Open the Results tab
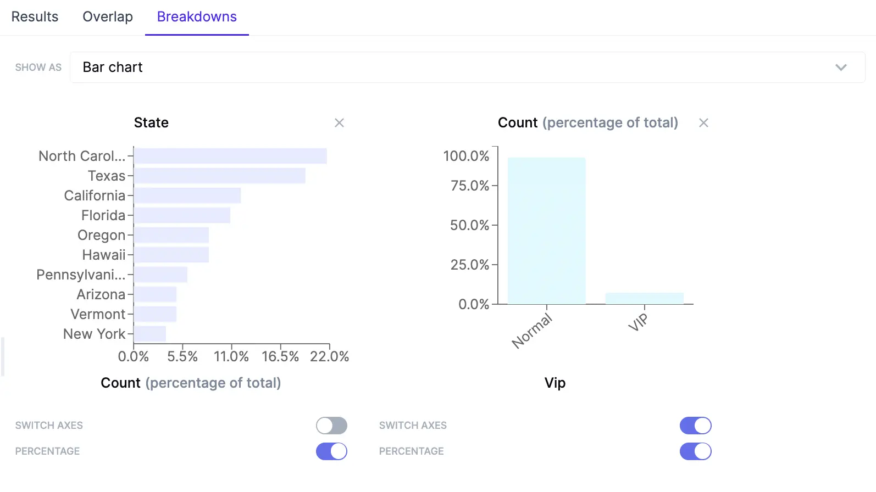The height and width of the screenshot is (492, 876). (35, 17)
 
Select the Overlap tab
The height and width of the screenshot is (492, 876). (108, 17)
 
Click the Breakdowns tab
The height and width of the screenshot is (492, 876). (197, 17)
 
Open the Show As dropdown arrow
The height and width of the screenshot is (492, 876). (841, 68)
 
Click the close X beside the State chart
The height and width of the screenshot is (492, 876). (339, 123)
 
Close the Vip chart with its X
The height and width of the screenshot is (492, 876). (703, 123)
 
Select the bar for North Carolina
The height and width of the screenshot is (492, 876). (230, 156)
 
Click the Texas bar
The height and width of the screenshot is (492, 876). (219, 176)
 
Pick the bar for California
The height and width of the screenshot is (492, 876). (187, 195)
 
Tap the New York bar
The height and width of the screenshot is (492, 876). (150, 334)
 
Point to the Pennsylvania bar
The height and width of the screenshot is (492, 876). (160, 275)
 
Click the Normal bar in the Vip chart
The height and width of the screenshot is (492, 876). (547, 231)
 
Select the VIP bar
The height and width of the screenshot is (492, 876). (645, 298)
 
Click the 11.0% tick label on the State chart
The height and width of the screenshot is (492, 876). (231, 356)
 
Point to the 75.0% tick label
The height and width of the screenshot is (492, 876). (470, 186)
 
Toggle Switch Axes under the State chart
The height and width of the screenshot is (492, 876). (331, 426)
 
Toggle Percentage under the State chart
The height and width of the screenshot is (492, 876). (331, 451)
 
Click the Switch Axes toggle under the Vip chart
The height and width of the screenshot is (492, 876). (695, 426)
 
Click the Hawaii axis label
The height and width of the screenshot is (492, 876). (104, 255)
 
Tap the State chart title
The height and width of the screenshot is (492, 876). (151, 122)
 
